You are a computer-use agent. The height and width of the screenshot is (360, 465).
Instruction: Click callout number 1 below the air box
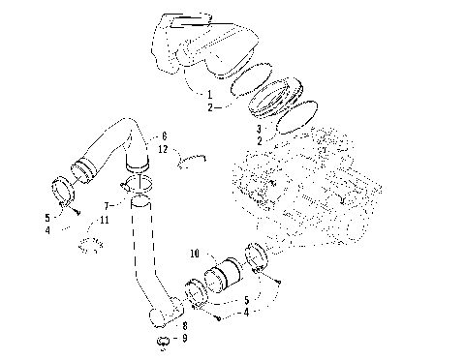click(207, 93)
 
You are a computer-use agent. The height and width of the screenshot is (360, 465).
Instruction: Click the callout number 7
click(108, 206)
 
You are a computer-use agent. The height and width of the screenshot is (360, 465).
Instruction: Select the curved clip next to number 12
click(195, 160)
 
